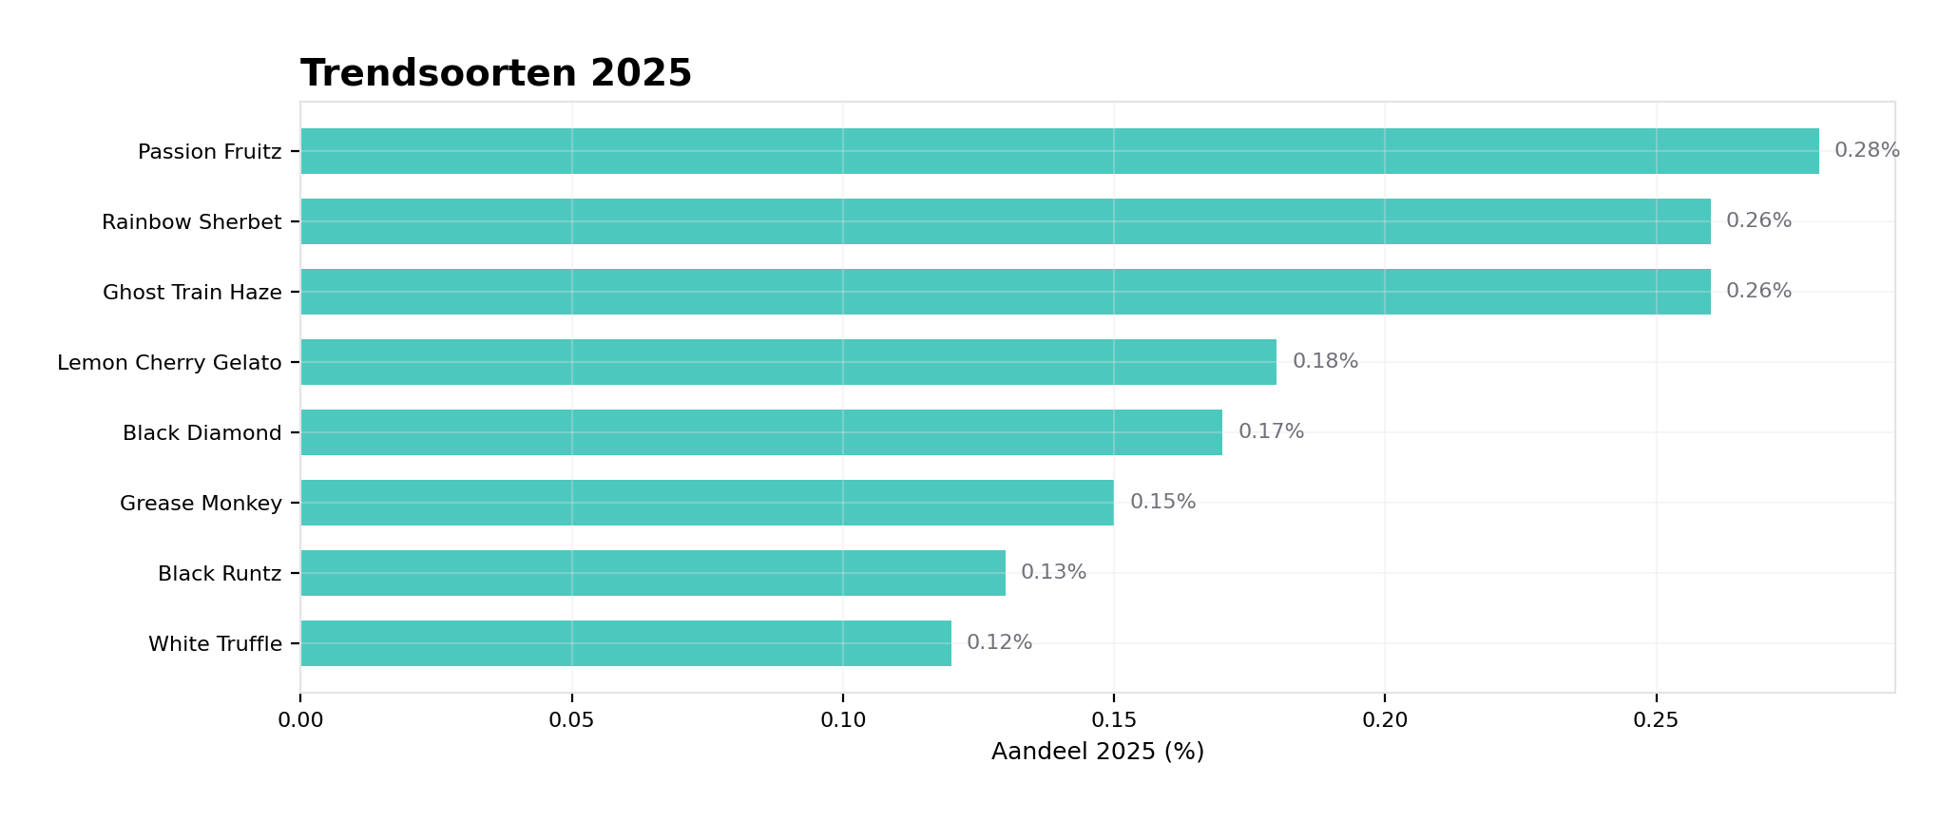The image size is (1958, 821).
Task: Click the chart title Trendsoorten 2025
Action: pyautogui.click(x=496, y=73)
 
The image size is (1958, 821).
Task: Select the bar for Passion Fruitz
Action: pyautogui.click(x=1059, y=151)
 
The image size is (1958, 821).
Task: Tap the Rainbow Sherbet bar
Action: pyautogui.click(x=1005, y=221)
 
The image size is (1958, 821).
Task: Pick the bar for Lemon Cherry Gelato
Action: pyautogui.click(x=788, y=362)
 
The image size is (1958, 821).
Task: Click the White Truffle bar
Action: pyautogui.click(x=625, y=643)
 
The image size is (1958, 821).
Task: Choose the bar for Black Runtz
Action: pyautogui.click(x=652, y=573)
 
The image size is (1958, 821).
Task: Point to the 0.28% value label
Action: pyautogui.click(x=1866, y=150)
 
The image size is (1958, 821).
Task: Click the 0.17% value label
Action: pyautogui.click(x=1270, y=431)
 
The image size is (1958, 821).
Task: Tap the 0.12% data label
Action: pyautogui.click(x=999, y=642)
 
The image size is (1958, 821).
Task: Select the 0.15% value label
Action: pyautogui.click(x=1161, y=502)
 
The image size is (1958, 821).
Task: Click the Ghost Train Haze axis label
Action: pyautogui.click(x=192, y=293)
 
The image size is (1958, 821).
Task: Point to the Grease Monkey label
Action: pyautogui.click(x=201, y=504)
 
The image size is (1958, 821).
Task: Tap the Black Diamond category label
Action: pyautogui.click(x=202, y=433)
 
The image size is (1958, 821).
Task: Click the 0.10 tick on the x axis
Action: pyautogui.click(x=842, y=720)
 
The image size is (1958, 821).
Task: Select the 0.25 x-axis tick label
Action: pyautogui.click(x=1656, y=720)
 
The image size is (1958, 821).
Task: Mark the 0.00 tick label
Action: pyautogui.click(x=300, y=720)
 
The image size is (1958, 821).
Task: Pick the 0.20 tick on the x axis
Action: pyautogui.click(x=1385, y=720)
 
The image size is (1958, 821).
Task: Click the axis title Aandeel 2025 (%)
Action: pyautogui.click(x=1097, y=752)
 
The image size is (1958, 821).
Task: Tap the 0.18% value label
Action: pyautogui.click(x=1324, y=361)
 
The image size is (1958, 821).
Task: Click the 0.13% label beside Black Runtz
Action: pyautogui.click(x=1053, y=572)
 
